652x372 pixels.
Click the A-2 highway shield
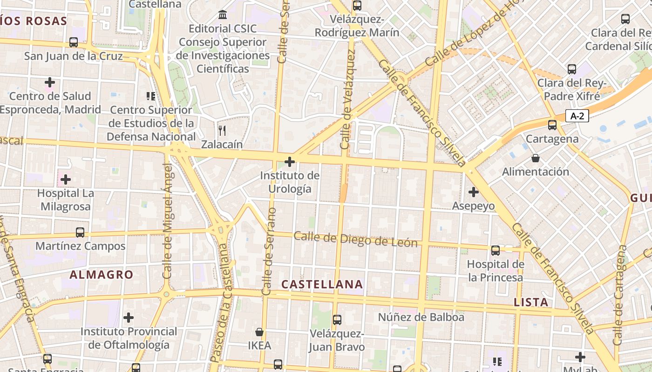point(577,116)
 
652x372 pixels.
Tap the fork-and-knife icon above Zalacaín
point(222,131)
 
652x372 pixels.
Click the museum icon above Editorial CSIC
point(223,15)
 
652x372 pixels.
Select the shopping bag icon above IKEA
point(259,332)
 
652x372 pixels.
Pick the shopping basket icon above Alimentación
point(536,158)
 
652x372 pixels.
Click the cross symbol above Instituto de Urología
point(290,162)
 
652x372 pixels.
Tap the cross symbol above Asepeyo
point(474,192)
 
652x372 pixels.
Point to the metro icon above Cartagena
point(552,125)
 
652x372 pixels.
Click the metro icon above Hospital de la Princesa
point(496,251)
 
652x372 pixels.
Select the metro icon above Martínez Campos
point(80,232)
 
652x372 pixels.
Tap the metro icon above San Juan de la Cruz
point(74,42)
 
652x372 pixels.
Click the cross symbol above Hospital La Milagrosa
point(66,179)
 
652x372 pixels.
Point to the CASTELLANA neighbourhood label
point(322,284)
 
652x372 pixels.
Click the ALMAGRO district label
point(102,274)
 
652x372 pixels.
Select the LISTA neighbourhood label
point(531,302)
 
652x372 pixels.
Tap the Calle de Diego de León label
point(356,239)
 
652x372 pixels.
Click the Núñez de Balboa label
point(421,317)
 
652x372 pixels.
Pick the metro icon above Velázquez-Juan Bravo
point(337,320)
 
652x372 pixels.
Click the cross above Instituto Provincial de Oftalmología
point(129,318)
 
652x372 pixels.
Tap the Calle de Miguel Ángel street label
point(168,220)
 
